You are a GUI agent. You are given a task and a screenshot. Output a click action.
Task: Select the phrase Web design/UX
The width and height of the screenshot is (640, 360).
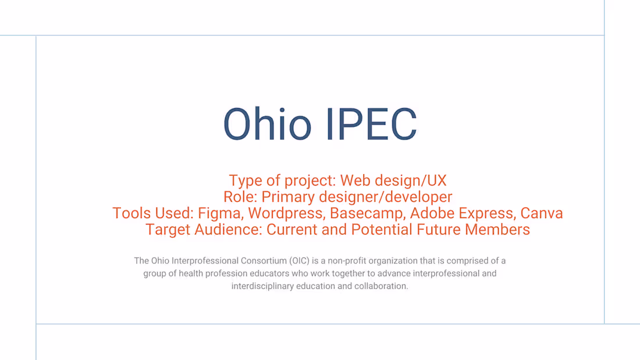click(x=393, y=180)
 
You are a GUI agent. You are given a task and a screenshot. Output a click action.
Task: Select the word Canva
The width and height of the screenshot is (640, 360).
click(x=542, y=213)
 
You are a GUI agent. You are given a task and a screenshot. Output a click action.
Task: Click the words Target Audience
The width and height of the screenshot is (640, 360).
click(x=203, y=229)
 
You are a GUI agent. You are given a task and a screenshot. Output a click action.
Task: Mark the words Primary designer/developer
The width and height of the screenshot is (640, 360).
click(x=356, y=197)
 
